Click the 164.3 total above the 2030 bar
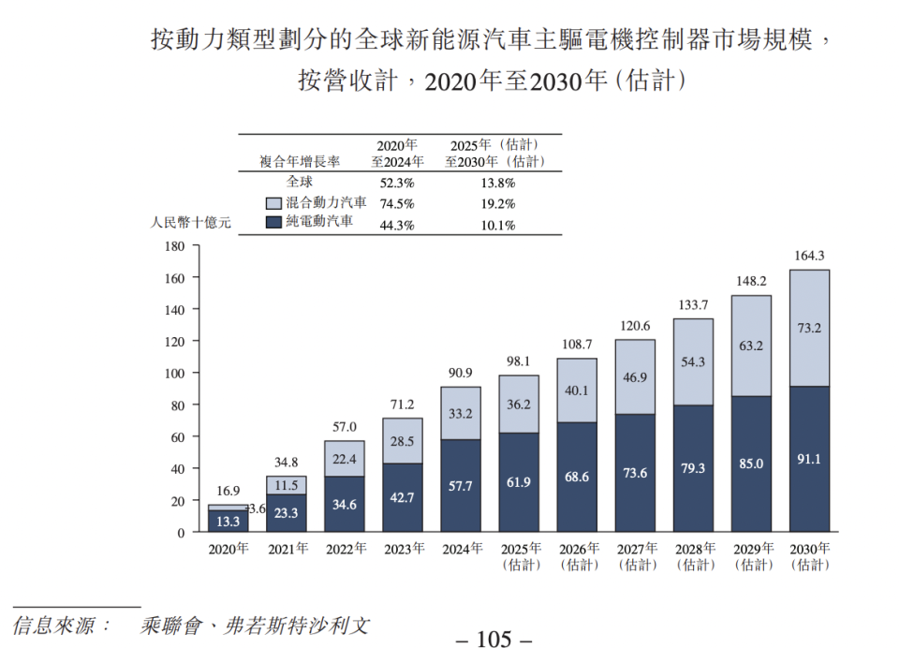[808, 256]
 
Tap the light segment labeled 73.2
[809, 328]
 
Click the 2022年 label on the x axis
[346, 550]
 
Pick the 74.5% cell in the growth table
[396, 204]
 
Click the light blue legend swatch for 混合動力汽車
[274, 203]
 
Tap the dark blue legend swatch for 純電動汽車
[274, 224]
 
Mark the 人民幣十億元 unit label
[190, 224]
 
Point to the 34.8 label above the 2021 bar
[287, 463]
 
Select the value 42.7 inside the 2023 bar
[403, 498]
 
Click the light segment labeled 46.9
[635, 376]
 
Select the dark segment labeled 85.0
[751, 464]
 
